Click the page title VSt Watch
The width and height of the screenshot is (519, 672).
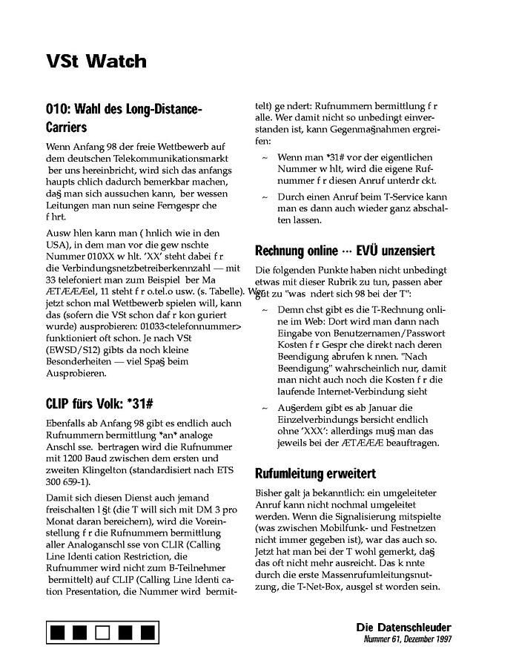pyautogui.click(x=96, y=62)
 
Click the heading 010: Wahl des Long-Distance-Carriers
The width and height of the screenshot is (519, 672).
pyautogui.click(x=123, y=118)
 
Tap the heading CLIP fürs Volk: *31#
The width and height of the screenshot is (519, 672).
pyautogui.click(x=99, y=403)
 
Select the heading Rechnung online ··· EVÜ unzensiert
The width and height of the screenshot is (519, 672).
pyautogui.click(x=345, y=251)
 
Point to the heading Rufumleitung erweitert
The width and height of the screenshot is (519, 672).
pyautogui.click(x=315, y=473)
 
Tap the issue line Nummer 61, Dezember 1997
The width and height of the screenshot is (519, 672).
pyautogui.click(x=407, y=639)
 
